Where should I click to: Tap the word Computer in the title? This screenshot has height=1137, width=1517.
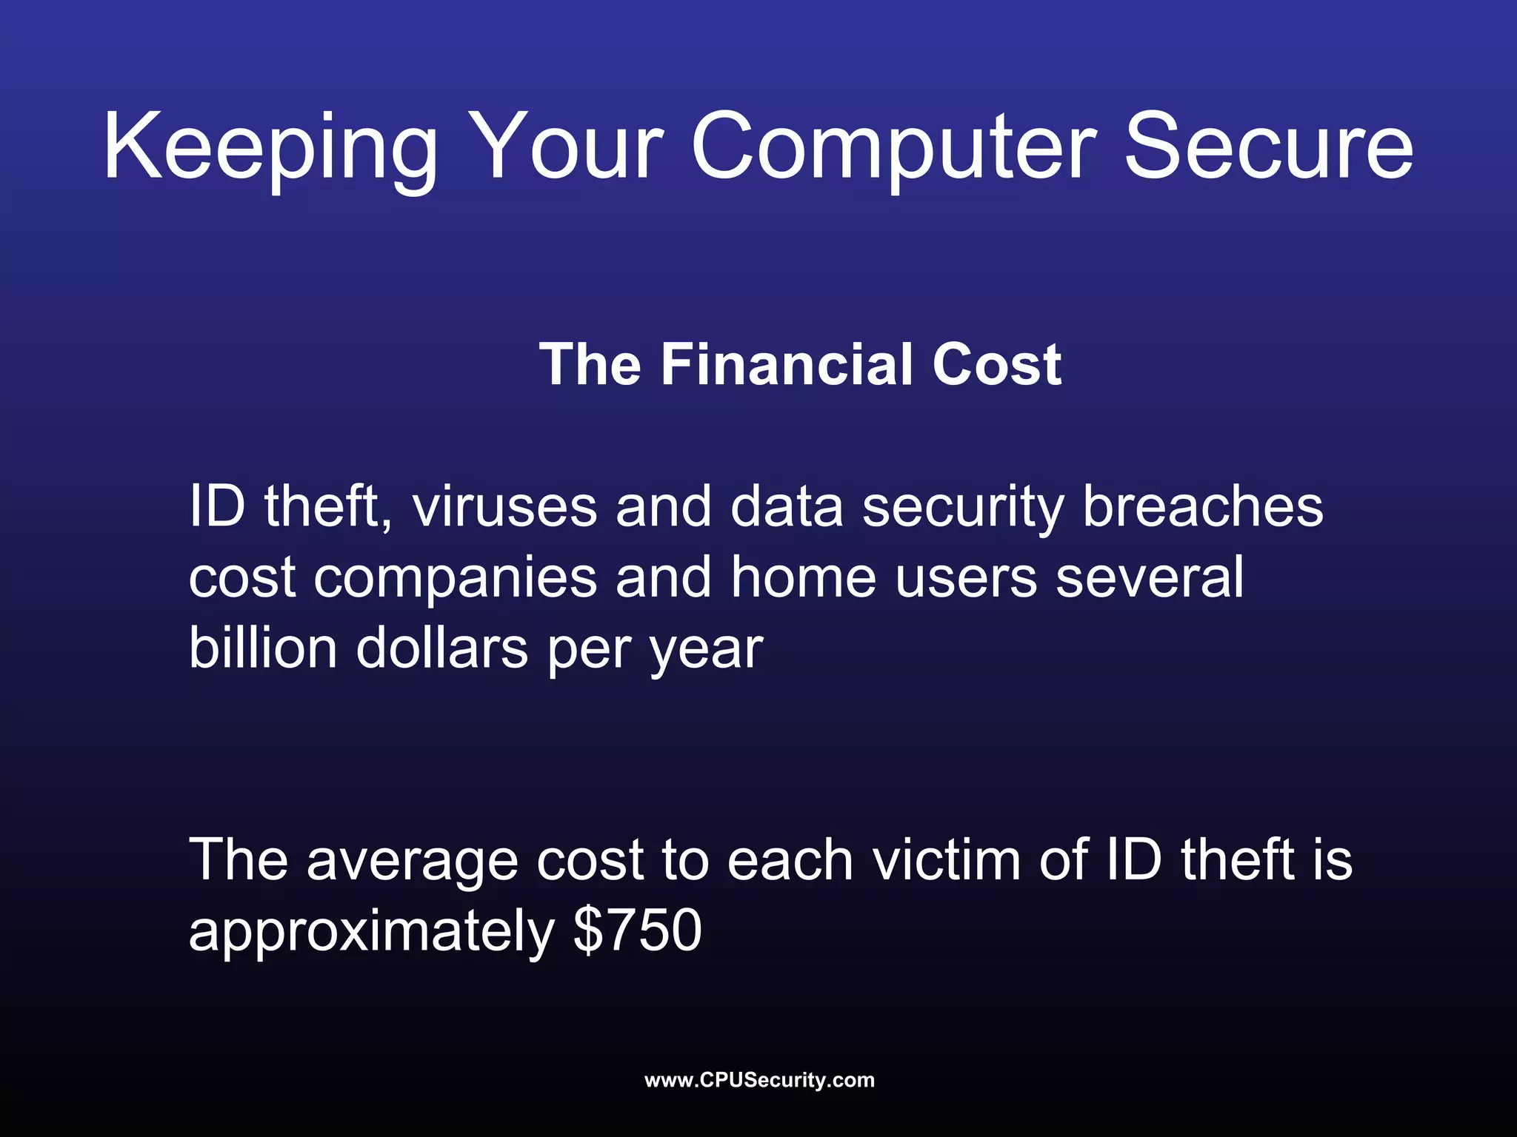[x=893, y=148]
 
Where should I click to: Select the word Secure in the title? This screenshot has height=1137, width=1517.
[x=1268, y=148]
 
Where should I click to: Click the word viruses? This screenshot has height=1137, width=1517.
[x=504, y=507]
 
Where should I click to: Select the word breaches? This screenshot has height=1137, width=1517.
[x=1203, y=507]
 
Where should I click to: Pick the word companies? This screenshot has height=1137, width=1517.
[x=455, y=579]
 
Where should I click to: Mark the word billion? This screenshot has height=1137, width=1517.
[x=263, y=648]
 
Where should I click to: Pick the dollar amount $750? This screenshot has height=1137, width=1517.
[x=638, y=930]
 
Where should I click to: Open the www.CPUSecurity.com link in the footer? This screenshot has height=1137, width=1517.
[x=759, y=1080]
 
